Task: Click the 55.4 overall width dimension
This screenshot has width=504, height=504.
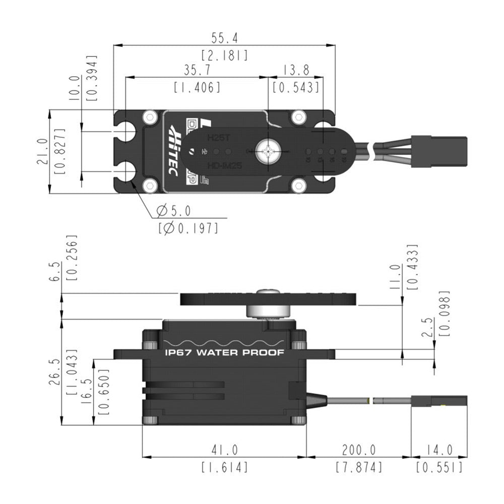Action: click(224, 38)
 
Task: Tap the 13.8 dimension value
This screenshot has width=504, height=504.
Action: click(296, 70)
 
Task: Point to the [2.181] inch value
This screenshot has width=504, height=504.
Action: click(224, 55)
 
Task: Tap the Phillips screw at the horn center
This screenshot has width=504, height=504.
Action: click(267, 151)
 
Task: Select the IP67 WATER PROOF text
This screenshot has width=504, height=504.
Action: click(224, 353)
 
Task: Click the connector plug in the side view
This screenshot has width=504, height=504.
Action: click(439, 401)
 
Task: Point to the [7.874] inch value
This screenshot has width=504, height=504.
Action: click(359, 467)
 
